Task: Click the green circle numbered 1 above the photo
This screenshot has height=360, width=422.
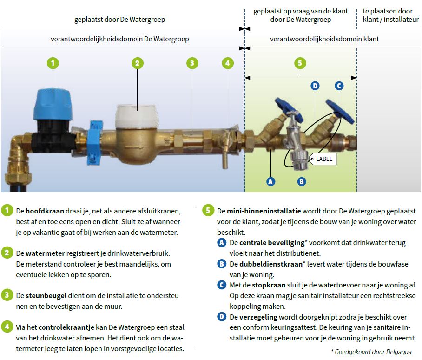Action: pyautogui.click(x=53, y=63)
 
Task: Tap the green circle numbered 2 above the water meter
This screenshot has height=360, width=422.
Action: pyautogui.click(x=137, y=63)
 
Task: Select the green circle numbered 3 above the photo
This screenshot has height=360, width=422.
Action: pyautogui.click(x=192, y=63)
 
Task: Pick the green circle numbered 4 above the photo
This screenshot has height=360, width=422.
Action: pyautogui.click(x=227, y=63)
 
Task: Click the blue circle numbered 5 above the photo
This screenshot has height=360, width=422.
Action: pyautogui.click(x=300, y=63)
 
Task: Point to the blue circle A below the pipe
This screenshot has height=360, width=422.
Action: pyautogui.click(x=271, y=181)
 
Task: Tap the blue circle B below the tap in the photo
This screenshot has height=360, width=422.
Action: pyautogui.click(x=302, y=181)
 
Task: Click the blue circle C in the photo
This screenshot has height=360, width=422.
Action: pyautogui.click(x=339, y=86)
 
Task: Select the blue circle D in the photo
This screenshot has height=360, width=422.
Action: pyautogui.click(x=315, y=86)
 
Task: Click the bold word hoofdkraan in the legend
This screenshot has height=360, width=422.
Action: pyautogui.click(x=42, y=210)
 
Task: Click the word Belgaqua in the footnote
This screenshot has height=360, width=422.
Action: pyautogui.click(x=397, y=352)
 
